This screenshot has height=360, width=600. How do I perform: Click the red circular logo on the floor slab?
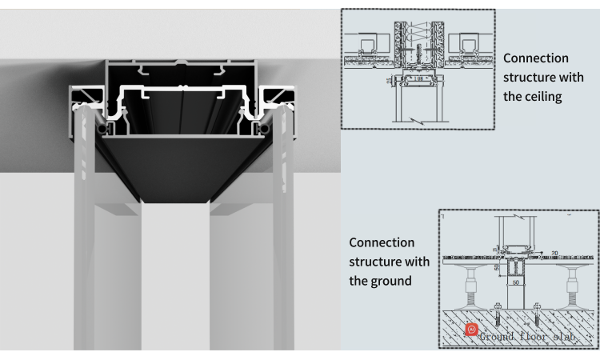point(472,330)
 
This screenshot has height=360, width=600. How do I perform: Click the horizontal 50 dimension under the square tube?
point(516,282)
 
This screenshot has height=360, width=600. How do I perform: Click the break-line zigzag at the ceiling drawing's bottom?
point(416,118)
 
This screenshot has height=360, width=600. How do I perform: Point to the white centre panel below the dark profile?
point(176,280)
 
